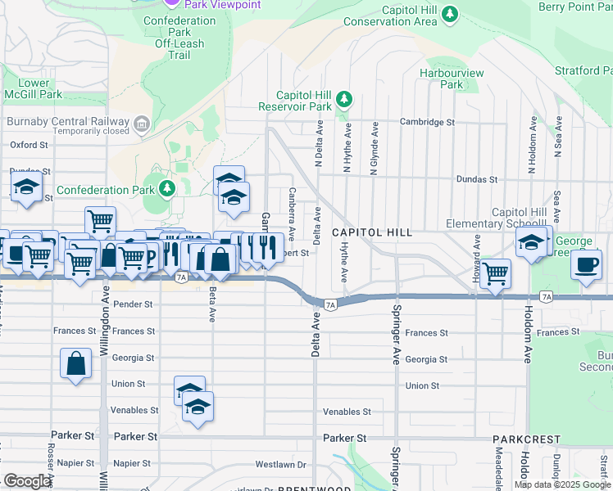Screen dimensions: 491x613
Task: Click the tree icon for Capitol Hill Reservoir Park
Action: point(345,100)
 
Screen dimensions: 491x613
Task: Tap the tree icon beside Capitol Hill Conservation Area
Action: point(450,14)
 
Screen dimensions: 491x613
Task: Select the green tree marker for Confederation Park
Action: point(168,190)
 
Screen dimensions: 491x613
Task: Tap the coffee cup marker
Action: point(587,265)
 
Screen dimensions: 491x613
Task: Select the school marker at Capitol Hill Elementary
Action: point(531,241)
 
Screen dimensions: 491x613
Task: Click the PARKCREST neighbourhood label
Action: point(520,439)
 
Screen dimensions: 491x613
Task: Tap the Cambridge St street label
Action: point(426,122)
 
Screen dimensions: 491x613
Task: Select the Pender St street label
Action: point(134,304)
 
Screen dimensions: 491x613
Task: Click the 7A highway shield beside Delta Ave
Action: point(330,305)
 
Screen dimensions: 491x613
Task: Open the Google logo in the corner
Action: point(28,481)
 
